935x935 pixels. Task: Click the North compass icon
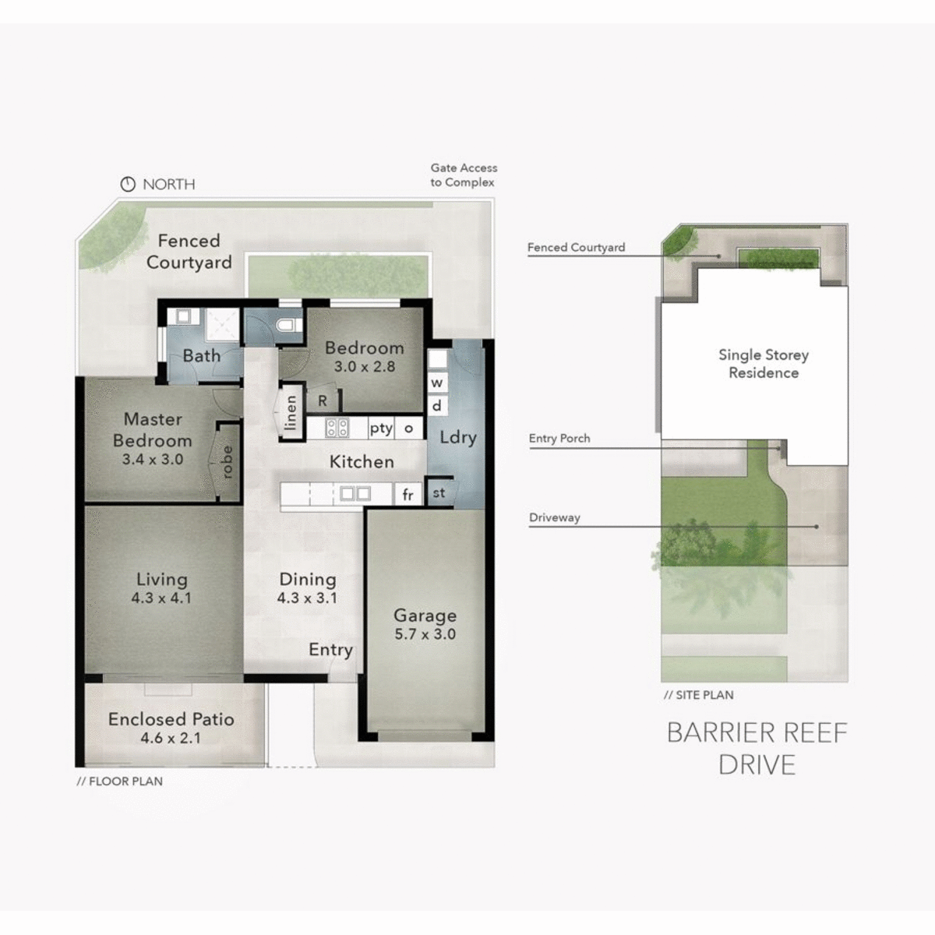(128, 185)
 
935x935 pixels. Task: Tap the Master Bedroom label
(152, 429)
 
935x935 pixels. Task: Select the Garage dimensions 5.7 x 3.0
(425, 634)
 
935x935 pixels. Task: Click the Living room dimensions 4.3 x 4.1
(161, 598)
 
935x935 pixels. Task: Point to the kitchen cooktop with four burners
(337, 428)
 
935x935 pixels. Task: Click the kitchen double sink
(355, 493)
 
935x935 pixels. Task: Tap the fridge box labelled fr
(408, 494)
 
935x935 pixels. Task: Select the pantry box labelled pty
(381, 428)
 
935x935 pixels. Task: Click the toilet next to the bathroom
(288, 326)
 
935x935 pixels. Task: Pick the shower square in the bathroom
(221, 326)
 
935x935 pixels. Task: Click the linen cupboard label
(291, 413)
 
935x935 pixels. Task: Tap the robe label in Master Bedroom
(228, 461)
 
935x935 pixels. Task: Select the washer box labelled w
(437, 383)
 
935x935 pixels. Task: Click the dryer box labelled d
(437, 405)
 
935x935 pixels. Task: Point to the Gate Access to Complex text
(464, 175)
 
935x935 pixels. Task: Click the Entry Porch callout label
(559, 439)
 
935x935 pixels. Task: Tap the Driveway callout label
(555, 517)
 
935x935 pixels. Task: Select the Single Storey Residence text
(764, 364)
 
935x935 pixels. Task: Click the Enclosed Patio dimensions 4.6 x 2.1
(171, 738)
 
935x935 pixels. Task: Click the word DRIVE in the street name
(757, 765)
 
